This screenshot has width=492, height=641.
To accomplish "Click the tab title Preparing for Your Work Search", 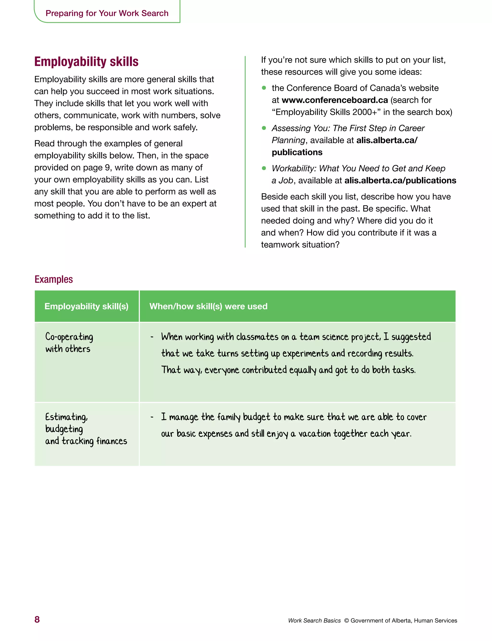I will click(x=107, y=13).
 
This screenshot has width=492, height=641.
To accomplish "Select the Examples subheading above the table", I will click(x=54, y=279).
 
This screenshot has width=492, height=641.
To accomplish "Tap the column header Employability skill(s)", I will click(x=86, y=306).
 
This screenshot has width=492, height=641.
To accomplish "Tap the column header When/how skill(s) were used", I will click(x=208, y=306).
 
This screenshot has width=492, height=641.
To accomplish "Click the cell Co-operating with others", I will click(x=69, y=343).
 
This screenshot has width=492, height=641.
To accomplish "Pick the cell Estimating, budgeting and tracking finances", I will click(x=86, y=429).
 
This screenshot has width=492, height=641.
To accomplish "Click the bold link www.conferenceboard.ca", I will click(x=334, y=100).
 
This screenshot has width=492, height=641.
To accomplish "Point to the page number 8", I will click(x=37, y=619).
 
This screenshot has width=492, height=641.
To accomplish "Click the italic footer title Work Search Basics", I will click(x=314, y=621).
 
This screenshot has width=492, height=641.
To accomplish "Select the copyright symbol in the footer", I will click(x=346, y=621).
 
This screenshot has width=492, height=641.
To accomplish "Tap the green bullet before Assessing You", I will click(x=264, y=128).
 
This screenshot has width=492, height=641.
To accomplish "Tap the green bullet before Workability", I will click(x=264, y=168).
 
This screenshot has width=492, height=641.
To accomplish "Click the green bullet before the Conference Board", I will click(x=264, y=88).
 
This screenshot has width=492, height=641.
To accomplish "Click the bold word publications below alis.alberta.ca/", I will click(x=297, y=152).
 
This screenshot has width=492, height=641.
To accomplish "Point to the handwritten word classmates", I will click(x=257, y=337).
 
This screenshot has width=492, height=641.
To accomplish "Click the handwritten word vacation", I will click(x=314, y=434).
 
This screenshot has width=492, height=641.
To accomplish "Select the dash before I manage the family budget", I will click(x=152, y=417).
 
